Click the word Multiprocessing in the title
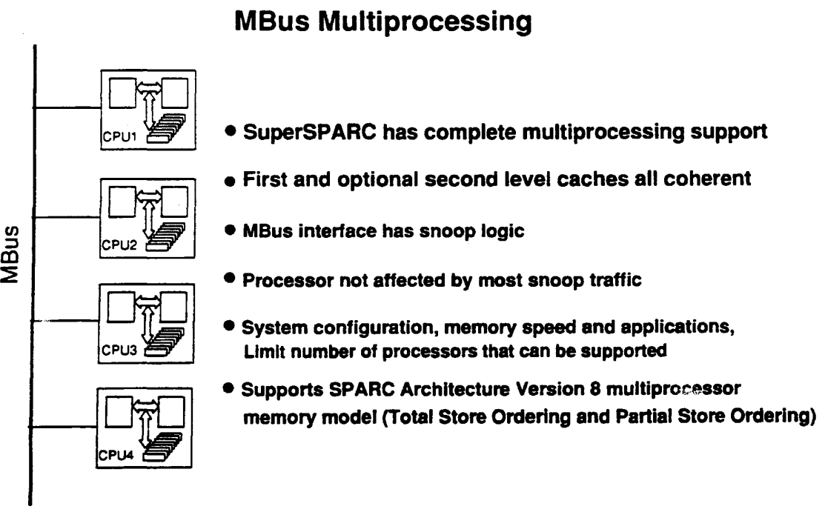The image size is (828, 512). [425, 22]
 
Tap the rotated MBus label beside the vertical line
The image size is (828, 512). [10, 254]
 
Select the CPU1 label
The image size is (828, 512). [120, 137]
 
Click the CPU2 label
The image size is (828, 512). [119, 245]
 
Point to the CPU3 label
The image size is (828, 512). [119, 350]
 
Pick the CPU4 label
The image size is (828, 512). [116, 454]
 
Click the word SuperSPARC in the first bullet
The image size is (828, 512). [309, 132]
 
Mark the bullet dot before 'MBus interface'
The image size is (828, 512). [230, 230]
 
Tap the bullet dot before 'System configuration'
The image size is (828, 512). [229, 326]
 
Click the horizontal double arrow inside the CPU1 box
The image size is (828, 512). [150, 87]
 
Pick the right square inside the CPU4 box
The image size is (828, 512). [171, 411]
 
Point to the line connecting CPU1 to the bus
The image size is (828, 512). [67, 107]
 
